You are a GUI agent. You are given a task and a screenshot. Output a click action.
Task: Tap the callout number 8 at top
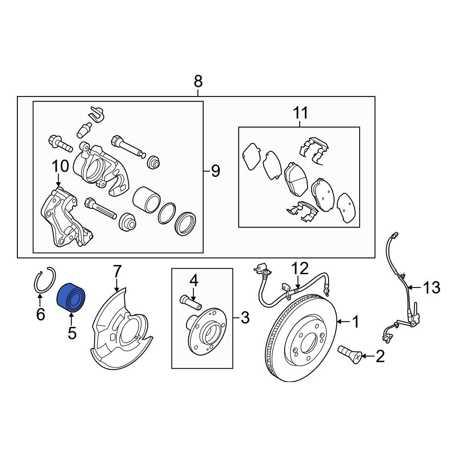coord(198,82)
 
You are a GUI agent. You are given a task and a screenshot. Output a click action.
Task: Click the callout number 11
coord(300,112)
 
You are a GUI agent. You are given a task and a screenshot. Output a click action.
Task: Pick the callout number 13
coord(431,287)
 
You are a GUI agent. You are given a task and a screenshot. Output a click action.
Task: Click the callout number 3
coord(245,318)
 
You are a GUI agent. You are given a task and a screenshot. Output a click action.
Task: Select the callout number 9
coord(215,171)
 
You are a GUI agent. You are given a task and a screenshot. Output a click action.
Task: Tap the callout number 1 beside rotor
coord(355,323)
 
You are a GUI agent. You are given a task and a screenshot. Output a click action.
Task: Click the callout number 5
coord(72,333)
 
